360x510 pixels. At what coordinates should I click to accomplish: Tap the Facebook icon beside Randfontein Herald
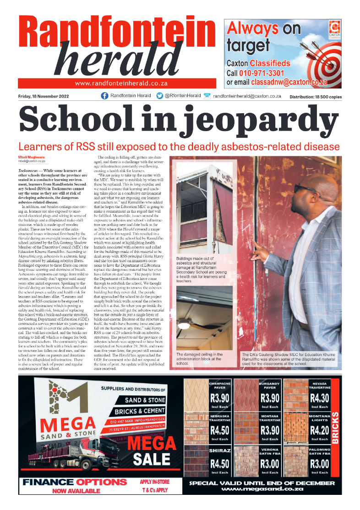click(x=104, y=96)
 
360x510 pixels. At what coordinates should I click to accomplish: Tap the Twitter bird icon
click(x=159, y=96)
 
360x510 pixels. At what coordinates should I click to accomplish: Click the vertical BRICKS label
click(x=335, y=428)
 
